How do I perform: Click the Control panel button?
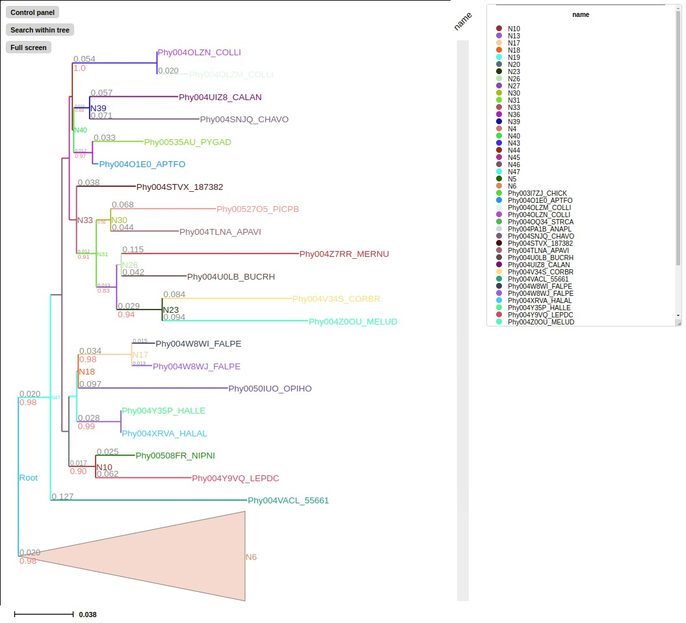click(32, 12)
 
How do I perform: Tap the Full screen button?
click(28, 47)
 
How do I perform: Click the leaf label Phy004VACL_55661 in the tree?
click(288, 501)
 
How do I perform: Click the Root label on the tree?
click(28, 478)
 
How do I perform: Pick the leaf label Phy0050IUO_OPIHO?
click(270, 389)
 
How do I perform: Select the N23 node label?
click(170, 310)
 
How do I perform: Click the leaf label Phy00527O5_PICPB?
click(257, 209)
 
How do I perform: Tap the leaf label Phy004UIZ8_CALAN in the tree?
click(220, 98)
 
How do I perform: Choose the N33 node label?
click(85, 220)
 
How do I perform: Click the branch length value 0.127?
click(62, 497)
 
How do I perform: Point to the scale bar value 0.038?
click(87, 615)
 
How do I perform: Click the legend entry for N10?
click(514, 29)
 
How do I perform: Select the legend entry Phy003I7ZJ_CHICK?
click(540, 193)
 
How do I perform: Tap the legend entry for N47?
click(514, 172)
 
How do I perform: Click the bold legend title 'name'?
click(581, 14)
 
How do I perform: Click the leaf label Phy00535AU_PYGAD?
click(187, 142)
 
